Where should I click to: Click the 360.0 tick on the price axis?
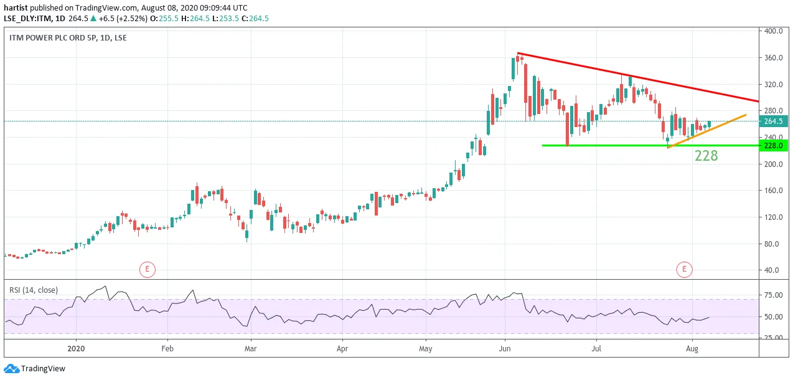point(773,58)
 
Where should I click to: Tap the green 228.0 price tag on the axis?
point(774,146)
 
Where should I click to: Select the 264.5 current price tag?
point(774,121)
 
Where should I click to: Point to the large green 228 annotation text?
point(706,156)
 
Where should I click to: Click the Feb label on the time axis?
point(167,348)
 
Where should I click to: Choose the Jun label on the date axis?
point(504,348)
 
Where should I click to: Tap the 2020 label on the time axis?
point(76,348)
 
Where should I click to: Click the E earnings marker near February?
point(148,270)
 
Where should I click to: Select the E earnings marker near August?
point(684,270)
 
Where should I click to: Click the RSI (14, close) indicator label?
point(34,290)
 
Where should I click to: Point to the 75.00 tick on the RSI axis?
point(774,295)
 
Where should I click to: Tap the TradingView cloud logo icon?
point(11,369)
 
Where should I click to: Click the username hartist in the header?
point(16,7)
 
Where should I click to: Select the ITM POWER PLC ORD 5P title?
point(53,38)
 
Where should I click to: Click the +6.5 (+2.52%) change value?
point(123,19)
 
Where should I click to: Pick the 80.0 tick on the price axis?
point(774,244)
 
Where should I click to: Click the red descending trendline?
point(638,77)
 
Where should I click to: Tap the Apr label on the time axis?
point(342,348)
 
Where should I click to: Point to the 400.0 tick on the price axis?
point(773,31)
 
